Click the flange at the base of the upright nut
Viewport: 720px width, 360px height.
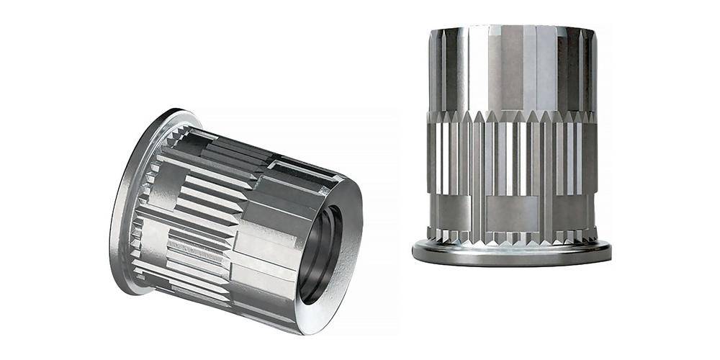[x=511, y=252]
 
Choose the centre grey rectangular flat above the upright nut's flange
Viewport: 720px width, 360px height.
[x=511, y=212]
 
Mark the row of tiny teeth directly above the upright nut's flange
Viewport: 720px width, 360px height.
[x=511, y=236]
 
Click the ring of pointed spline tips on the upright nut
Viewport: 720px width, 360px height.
[x=511, y=116]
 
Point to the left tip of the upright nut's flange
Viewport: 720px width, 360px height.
[x=414, y=251]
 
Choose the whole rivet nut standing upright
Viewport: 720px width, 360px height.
[x=511, y=144]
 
